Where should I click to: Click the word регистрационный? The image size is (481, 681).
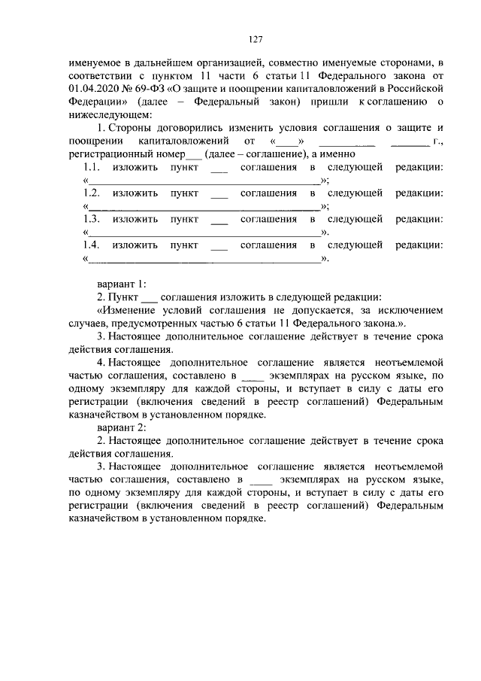(x=110, y=154)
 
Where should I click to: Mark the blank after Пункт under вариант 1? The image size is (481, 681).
(x=150, y=298)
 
